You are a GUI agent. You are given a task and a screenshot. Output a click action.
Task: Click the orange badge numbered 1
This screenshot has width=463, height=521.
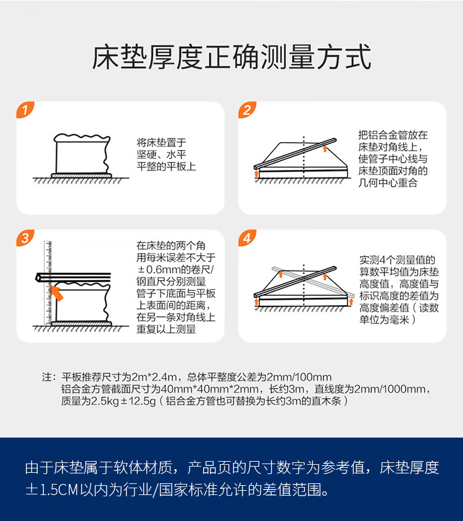25,109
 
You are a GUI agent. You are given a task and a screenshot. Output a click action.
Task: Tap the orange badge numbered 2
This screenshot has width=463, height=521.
247,109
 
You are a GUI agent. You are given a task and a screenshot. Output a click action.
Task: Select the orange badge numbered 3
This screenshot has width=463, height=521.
25,237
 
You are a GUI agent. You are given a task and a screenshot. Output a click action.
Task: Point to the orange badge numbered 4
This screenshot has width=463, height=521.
247,237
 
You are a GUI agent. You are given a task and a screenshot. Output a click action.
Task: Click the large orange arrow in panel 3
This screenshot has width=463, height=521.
56,293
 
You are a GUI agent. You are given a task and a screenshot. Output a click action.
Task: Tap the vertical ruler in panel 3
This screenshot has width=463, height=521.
48,282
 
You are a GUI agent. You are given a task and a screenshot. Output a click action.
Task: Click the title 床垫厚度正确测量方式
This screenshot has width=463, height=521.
231,57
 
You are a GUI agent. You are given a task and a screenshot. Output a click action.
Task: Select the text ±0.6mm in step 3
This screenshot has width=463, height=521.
159,269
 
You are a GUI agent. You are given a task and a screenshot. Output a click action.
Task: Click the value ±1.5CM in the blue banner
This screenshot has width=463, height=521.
52,489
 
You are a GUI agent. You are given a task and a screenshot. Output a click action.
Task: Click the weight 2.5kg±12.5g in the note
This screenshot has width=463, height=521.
123,401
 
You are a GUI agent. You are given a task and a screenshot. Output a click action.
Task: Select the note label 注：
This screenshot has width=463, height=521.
48,377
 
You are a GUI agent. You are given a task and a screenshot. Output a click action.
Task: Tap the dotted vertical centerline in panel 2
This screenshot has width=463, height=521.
304,157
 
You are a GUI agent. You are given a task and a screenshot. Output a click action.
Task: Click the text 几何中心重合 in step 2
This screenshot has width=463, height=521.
388,183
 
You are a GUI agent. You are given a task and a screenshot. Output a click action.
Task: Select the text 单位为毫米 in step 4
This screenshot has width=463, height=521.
384,320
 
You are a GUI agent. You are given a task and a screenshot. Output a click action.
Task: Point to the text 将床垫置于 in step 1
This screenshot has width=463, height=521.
161,143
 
